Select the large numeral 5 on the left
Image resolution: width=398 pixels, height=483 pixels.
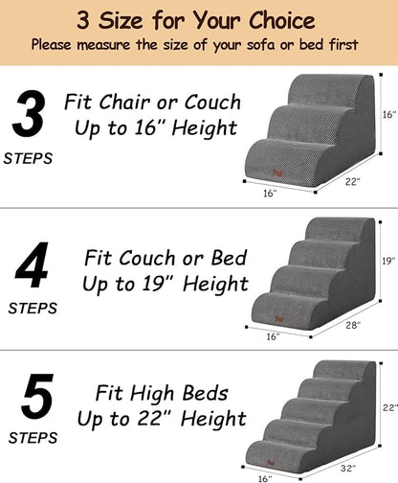click(x=35, y=401)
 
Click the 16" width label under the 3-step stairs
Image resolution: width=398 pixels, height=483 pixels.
click(x=269, y=193)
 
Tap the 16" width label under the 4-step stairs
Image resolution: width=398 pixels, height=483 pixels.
click(x=273, y=336)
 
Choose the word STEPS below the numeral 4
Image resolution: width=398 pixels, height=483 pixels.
click(x=32, y=309)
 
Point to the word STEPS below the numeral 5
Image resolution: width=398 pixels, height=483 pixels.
click(x=32, y=440)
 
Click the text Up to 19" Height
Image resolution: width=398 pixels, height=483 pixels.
click(x=165, y=284)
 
